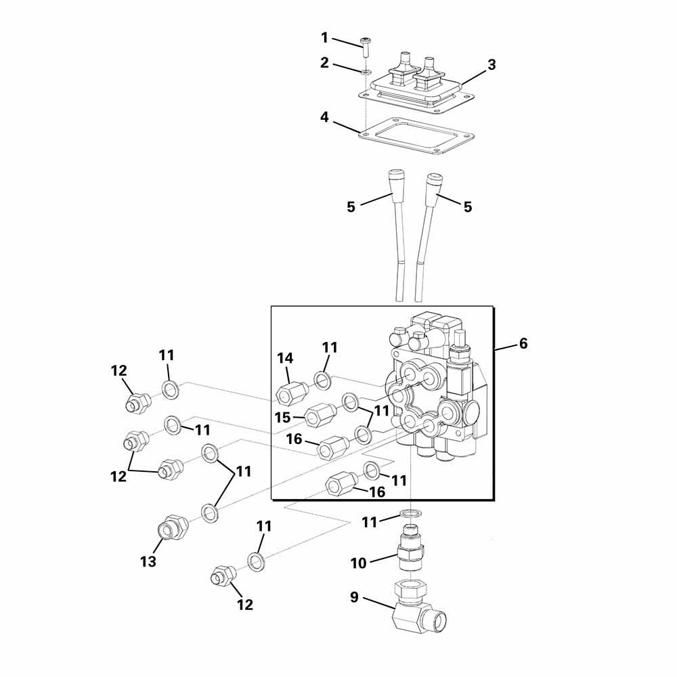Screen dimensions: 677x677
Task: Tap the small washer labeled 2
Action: (x=366, y=71)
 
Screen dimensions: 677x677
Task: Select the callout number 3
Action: (x=492, y=65)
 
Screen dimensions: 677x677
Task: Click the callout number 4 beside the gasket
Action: (x=325, y=117)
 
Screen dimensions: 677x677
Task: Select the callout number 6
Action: (x=523, y=343)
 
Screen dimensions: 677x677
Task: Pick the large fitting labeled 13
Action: (x=173, y=527)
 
